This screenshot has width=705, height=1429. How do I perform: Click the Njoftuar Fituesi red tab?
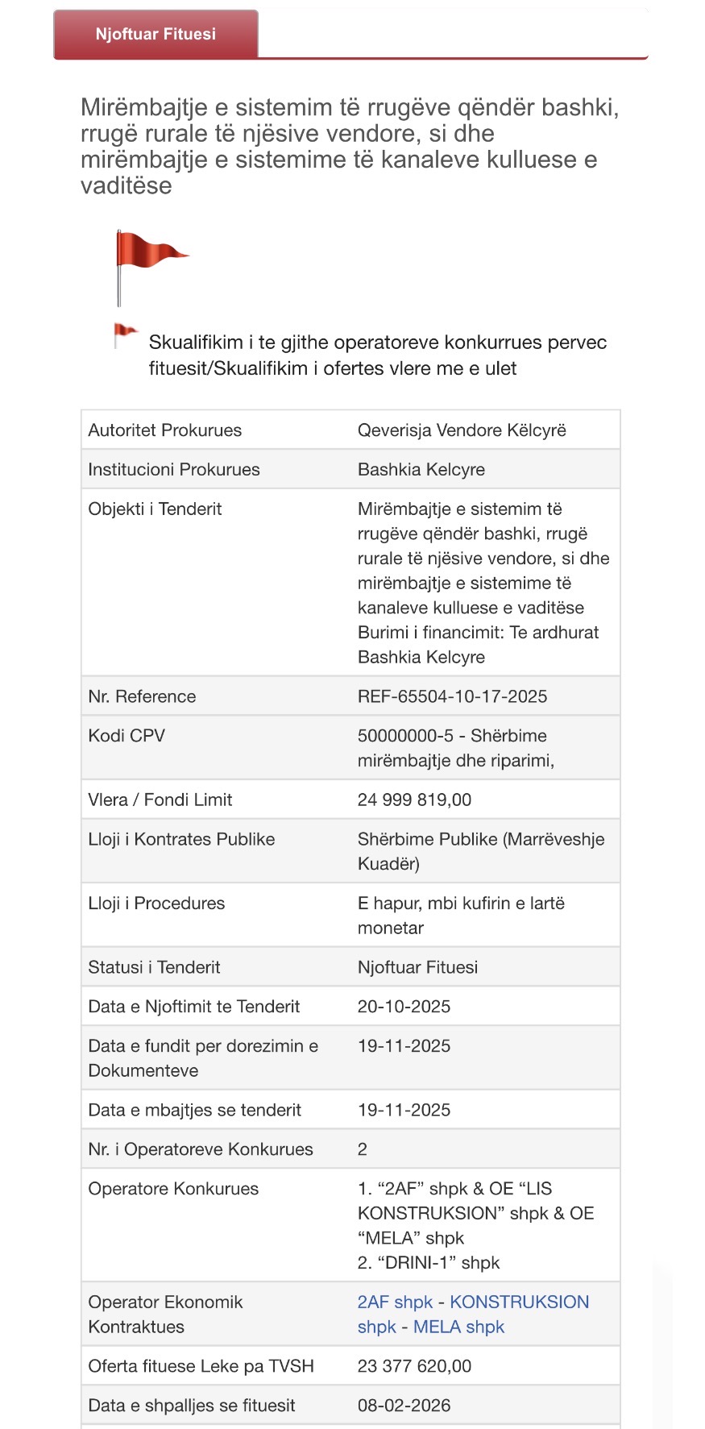(156, 34)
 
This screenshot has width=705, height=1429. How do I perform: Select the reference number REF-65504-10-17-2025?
(452, 696)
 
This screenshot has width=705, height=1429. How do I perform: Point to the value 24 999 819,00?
(414, 800)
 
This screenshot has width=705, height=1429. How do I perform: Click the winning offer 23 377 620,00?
(414, 1366)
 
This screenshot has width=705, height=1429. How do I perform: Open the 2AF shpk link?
(395, 1302)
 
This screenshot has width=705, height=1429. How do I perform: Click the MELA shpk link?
(458, 1327)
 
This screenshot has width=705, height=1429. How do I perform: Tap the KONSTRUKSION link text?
(519, 1302)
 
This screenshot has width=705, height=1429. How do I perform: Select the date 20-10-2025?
(404, 1007)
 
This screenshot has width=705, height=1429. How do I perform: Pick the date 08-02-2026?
(404, 1406)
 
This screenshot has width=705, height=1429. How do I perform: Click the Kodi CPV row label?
(126, 736)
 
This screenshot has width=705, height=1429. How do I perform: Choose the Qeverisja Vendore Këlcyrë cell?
(462, 430)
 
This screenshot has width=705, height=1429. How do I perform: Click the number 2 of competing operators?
(363, 1149)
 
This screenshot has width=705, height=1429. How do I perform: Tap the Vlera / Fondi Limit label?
(160, 800)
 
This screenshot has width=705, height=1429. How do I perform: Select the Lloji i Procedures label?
(156, 904)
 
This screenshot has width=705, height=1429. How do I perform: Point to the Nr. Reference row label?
(142, 696)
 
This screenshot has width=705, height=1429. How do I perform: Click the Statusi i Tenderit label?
(154, 967)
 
